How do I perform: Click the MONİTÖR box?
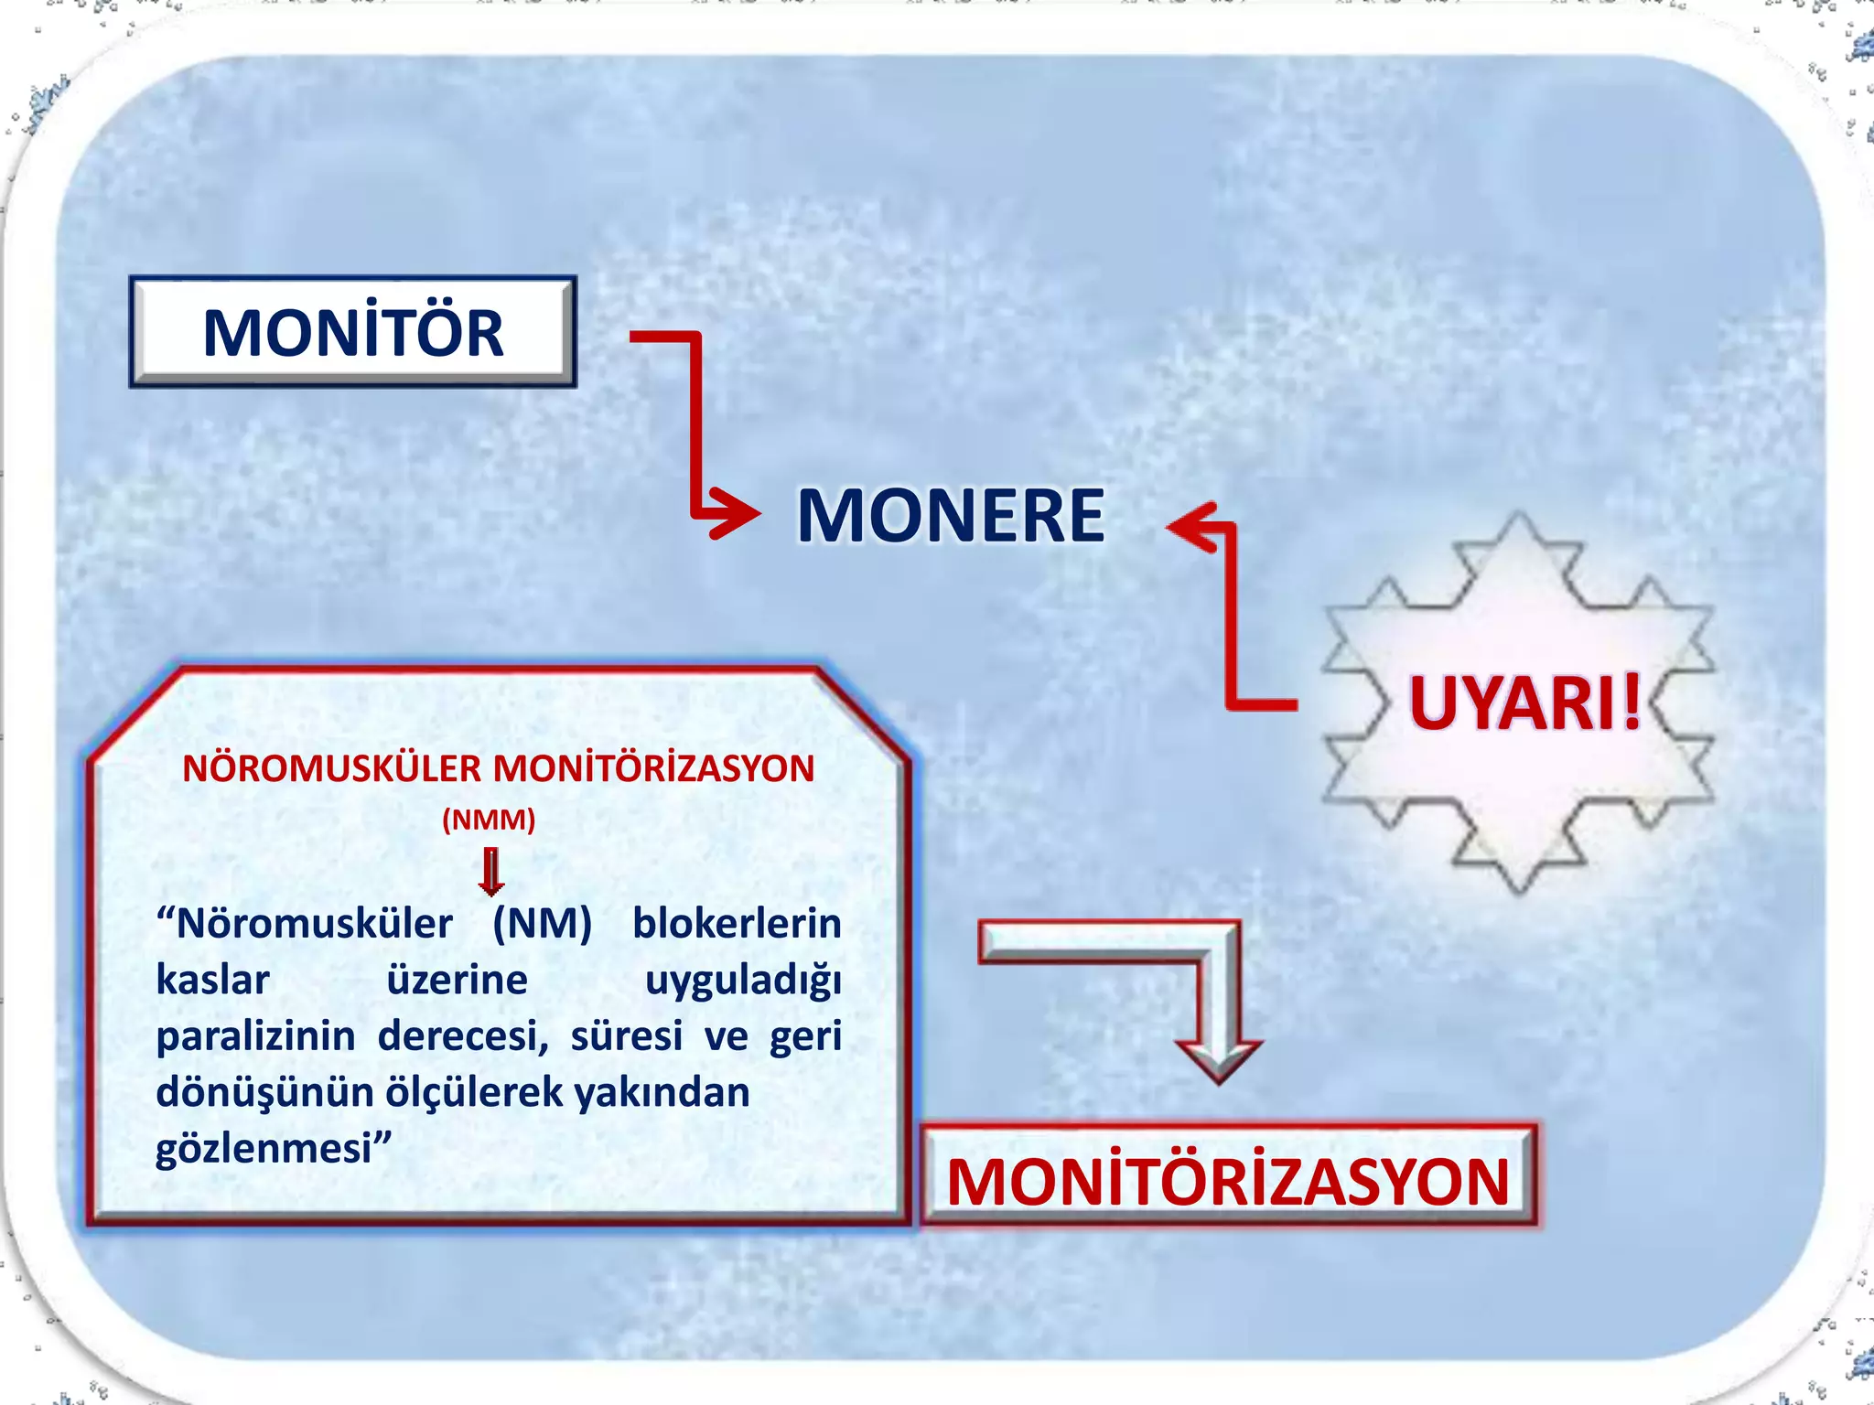(352, 332)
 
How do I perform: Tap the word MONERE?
(951, 516)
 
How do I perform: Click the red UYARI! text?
(1524, 703)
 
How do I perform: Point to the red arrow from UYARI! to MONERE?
(1231, 622)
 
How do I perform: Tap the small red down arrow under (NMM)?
(491, 872)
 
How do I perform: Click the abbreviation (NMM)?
(489, 819)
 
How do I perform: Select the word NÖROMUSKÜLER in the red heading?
(331, 768)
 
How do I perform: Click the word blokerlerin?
(737, 924)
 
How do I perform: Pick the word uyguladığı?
(743, 981)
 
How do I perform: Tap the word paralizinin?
(255, 1036)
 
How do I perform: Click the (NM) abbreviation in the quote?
(542, 924)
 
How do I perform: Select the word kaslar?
(212, 981)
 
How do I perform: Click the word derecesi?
(461, 1036)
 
